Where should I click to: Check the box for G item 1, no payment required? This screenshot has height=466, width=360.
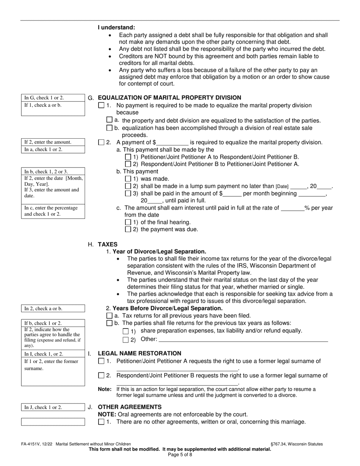click(x=101, y=105)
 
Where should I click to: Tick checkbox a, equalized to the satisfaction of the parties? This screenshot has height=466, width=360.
click(x=110, y=120)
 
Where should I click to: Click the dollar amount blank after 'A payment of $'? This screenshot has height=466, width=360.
click(x=172, y=143)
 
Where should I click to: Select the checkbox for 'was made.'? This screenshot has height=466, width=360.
click(x=128, y=179)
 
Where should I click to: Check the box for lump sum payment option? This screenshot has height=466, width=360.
click(x=128, y=186)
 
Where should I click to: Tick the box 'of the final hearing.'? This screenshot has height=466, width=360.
click(x=128, y=222)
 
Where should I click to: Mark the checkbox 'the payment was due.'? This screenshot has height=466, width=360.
click(x=128, y=229)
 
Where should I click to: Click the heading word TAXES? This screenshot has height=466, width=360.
click(x=108, y=245)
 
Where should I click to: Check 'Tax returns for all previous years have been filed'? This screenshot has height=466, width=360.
click(x=110, y=316)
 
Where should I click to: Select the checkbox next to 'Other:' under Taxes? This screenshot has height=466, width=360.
click(x=126, y=339)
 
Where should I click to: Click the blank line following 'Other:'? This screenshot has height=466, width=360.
click(x=243, y=339)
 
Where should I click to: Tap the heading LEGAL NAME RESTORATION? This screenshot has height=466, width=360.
click(x=139, y=353)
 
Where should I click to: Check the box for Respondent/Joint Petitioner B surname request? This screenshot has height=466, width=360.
click(x=101, y=375)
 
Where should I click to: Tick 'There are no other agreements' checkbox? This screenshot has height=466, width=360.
click(x=101, y=422)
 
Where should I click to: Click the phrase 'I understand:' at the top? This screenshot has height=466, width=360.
click(x=116, y=28)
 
